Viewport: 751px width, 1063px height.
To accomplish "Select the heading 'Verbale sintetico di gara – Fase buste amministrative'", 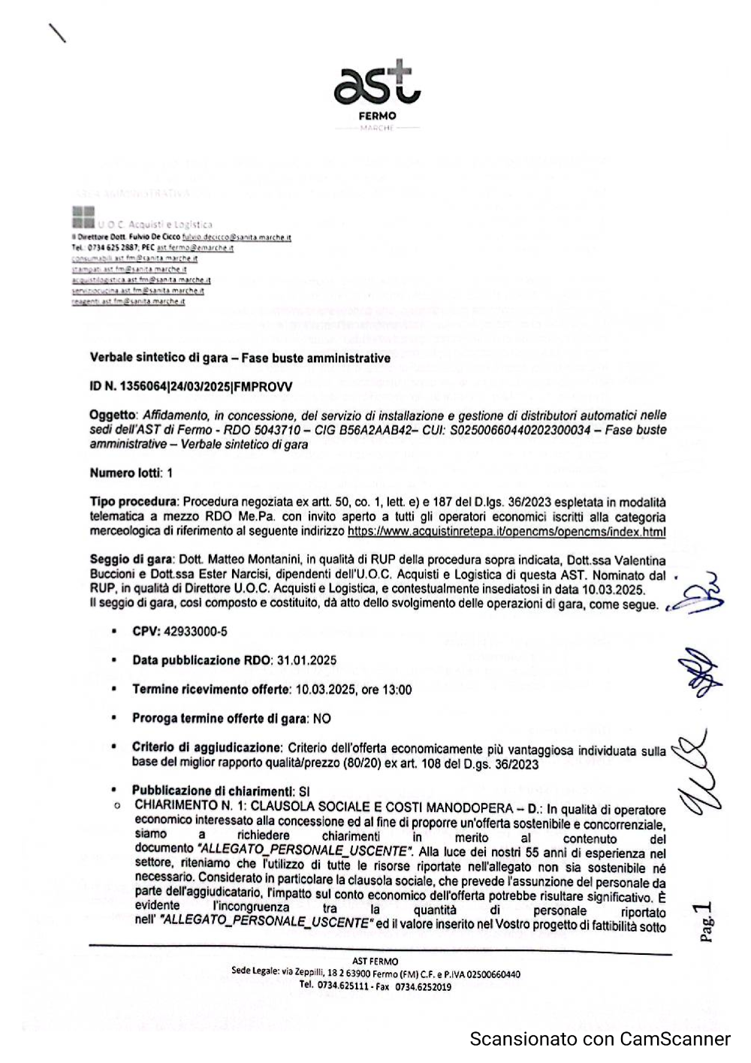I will [240, 358].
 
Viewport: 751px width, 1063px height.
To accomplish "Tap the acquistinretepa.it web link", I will [506, 531].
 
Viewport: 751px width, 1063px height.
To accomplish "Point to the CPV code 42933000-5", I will [202, 632].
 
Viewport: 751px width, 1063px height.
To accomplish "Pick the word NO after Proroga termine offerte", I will [321, 719].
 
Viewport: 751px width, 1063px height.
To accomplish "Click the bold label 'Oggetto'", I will [112, 415].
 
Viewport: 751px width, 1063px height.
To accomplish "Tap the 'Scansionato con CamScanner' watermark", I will [599, 1039].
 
